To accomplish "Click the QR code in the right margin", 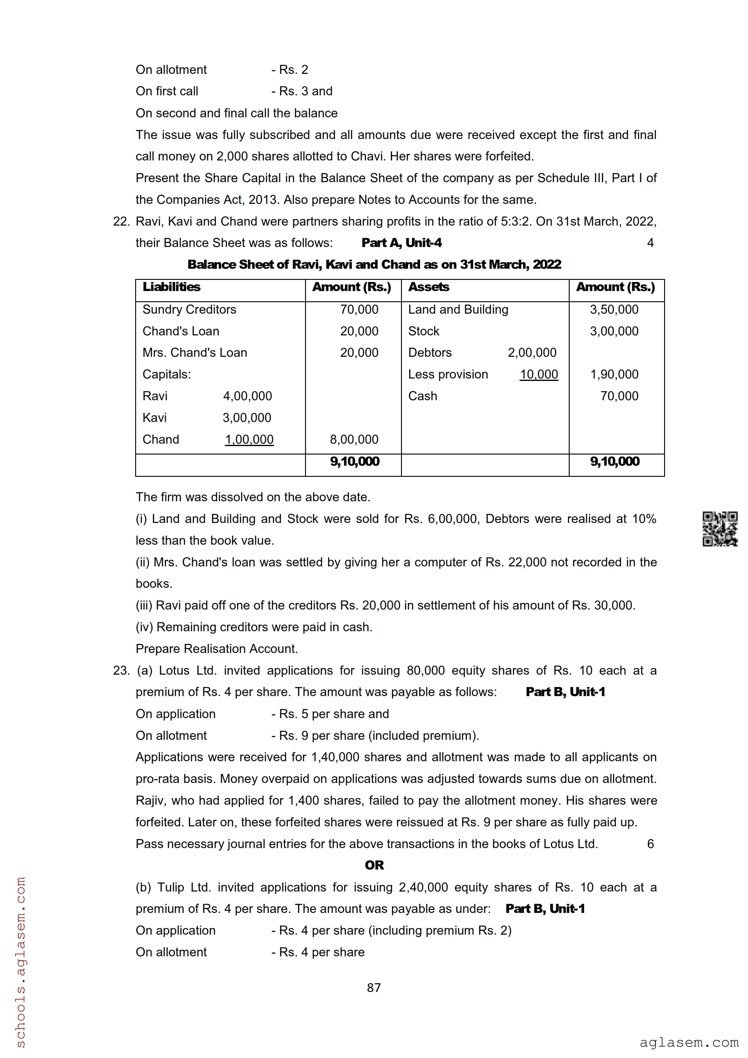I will [x=719, y=529].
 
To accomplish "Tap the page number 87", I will [x=374, y=987].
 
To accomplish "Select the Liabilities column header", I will [x=171, y=287].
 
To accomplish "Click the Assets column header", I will [x=428, y=287].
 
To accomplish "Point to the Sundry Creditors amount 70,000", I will [x=359, y=310].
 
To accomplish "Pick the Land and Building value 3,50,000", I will [x=614, y=310].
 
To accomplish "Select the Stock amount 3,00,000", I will [x=614, y=331].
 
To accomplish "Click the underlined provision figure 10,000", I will [x=539, y=375].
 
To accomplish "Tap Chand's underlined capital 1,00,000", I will [x=249, y=440].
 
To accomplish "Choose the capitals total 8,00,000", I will [x=354, y=440].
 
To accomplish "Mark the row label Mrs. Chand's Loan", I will [x=195, y=353].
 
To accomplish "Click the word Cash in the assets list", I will [x=423, y=396].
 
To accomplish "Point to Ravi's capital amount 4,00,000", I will [x=247, y=396].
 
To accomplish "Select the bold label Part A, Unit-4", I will [x=401, y=243].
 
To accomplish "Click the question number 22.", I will [x=121, y=222].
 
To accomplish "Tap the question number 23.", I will [x=121, y=670].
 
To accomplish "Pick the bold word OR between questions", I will [x=374, y=865].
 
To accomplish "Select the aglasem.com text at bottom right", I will [x=689, y=1042].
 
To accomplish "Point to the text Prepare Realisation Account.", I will [x=217, y=649].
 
